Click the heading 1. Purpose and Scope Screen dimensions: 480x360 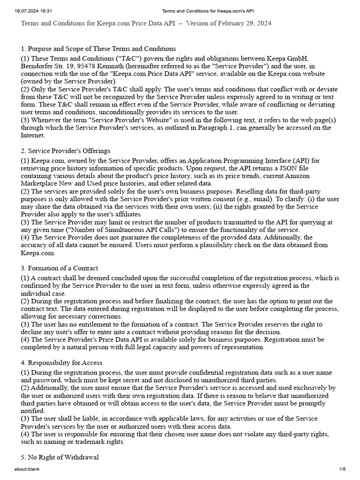98,49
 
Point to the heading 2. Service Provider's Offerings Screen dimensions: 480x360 66,151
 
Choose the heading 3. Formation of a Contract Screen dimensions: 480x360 60,268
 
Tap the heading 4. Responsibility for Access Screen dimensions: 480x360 61,363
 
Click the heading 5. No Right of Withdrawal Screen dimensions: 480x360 60,457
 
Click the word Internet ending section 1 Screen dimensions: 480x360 32,135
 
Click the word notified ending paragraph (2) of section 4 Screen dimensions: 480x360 33,411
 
